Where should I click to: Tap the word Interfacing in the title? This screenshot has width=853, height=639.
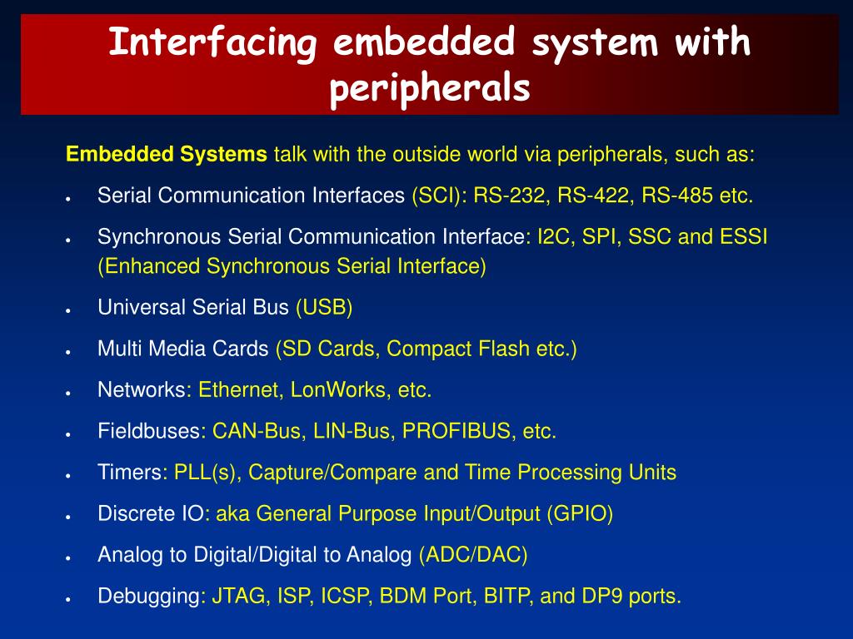click(212, 43)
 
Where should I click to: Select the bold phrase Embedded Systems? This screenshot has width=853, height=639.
click(167, 155)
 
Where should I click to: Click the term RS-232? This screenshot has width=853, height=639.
click(509, 196)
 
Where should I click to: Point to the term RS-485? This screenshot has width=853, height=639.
click(677, 196)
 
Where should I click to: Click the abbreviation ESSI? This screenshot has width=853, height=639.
click(744, 237)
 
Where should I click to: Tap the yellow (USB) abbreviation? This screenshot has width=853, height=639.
click(324, 308)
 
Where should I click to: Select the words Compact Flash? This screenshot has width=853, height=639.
click(458, 349)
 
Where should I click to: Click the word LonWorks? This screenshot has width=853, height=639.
click(338, 390)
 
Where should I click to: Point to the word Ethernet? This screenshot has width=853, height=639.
click(238, 390)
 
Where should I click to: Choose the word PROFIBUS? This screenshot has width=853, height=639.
click(456, 432)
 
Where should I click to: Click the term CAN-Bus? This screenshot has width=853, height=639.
click(257, 432)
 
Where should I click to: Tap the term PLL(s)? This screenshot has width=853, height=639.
click(205, 473)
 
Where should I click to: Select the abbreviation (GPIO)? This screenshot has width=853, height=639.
click(580, 514)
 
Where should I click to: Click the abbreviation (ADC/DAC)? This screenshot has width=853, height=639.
click(473, 555)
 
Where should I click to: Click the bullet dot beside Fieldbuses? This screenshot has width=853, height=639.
click(68, 435)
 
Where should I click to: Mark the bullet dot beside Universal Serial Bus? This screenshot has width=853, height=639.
click(68, 311)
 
